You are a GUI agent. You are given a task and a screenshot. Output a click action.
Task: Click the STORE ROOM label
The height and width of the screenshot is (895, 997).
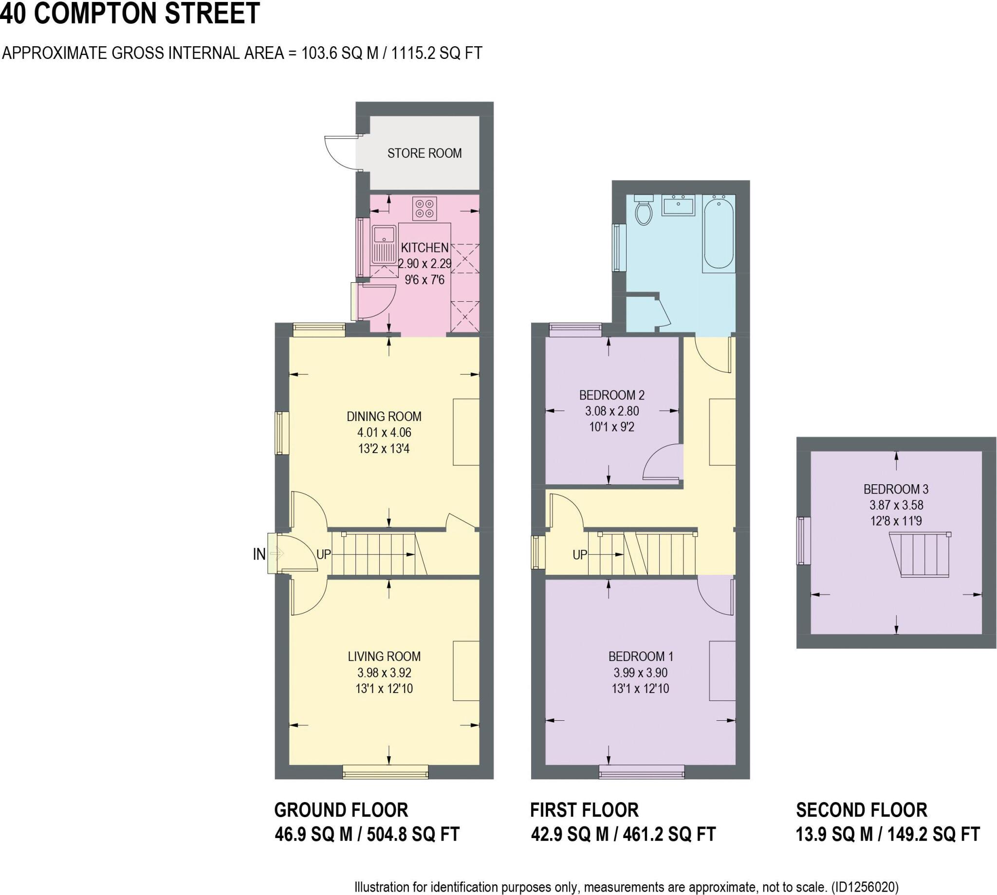424,153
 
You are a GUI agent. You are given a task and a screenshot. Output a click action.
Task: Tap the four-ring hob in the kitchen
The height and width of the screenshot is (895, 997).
425,208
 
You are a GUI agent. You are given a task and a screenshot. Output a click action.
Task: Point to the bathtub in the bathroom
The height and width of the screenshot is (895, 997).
719,232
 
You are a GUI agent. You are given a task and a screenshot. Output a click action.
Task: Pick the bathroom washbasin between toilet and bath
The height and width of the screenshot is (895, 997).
678,205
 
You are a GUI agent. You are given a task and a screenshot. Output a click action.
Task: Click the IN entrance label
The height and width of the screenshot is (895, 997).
258,554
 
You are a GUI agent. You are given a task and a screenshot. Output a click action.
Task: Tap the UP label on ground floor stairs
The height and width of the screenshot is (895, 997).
323,555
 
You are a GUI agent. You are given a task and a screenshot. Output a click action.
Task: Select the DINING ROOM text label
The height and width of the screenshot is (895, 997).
384,417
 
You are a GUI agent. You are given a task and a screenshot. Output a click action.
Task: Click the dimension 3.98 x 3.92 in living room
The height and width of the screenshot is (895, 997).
384,672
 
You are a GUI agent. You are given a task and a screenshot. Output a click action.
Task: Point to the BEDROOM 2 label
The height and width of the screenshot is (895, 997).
611,395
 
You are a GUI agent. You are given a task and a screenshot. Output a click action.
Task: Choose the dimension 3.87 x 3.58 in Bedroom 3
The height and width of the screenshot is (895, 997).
896,505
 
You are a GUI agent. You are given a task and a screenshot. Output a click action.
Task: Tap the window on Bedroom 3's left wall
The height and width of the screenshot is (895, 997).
803,540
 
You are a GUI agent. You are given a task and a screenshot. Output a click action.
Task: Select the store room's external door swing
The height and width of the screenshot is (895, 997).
340,152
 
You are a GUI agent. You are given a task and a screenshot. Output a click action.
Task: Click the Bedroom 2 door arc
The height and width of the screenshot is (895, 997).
662,462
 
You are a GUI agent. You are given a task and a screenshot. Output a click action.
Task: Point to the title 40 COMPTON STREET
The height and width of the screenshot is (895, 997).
129,14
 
